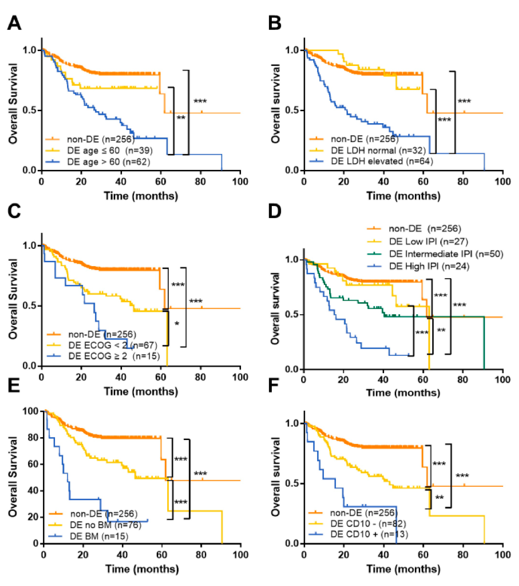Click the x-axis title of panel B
pos(403,196)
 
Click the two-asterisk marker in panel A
pos(181,118)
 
